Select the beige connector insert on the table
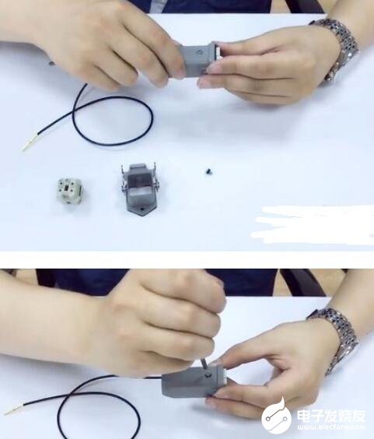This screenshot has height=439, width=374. click(x=70, y=191)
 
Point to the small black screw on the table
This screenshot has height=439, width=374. click(x=208, y=170)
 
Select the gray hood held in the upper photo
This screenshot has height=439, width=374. click(x=198, y=59)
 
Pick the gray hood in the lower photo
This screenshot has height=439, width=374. click(x=194, y=381)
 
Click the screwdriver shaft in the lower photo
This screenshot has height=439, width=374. click(x=204, y=365)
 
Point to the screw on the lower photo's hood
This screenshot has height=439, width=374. click(x=208, y=375)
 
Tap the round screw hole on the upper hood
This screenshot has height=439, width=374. click(x=199, y=51)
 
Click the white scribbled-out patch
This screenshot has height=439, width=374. click(x=313, y=225)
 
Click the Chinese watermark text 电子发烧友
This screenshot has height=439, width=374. click(x=331, y=416)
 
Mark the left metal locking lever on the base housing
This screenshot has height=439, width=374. click(x=124, y=178)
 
